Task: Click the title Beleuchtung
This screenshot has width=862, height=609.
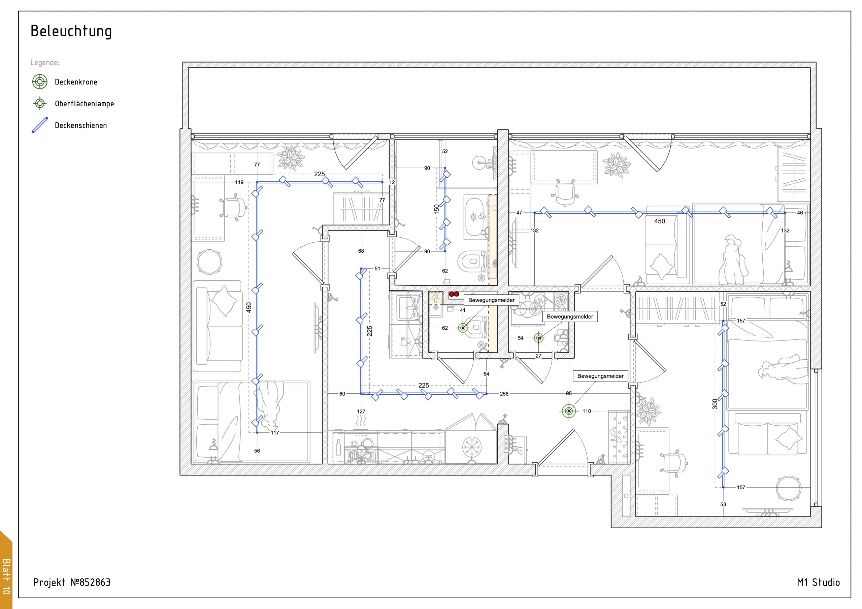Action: pyautogui.click(x=71, y=32)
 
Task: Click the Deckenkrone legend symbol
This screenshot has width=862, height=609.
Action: pyautogui.click(x=40, y=82)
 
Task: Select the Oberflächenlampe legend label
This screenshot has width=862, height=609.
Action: pyautogui.click(x=85, y=104)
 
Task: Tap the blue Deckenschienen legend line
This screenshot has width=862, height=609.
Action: pyautogui.click(x=40, y=125)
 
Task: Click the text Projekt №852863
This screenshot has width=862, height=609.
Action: pyautogui.click(x=72, y=582)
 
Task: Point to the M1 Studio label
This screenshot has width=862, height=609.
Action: pyautogui.click(x=819, y=582)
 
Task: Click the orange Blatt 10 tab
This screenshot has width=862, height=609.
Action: pyautogui.click(x=6, y=570)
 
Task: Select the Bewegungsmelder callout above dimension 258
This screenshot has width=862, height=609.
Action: pyautogui.click(x=600, y=376)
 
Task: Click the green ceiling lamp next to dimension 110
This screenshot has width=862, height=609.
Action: pyautogui.click(x=569, y=411)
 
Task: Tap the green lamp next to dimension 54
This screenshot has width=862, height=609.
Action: pyautogui.click(x=539, y=338)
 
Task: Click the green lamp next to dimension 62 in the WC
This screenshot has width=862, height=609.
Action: pyautogui.click(x=463, y=328)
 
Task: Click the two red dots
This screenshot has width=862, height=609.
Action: pyautogui.click(x=454, y=294)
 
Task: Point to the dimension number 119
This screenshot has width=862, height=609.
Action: pyautogui.click(x=239, y=182)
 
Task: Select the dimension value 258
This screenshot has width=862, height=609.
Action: pyautogui.click(x=504, y=394)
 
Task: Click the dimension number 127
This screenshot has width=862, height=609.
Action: pyautogui.click(x=361, y=411)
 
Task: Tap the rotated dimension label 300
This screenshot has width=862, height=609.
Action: pyautogui.click(x=715, y=404)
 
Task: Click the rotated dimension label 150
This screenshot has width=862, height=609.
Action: pyautogui.click(x=436, y=209)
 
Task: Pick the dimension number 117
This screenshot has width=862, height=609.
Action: pyautogui.click(x=275, y=433)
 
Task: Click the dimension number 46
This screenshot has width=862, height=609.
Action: pyautogui.click(x=800, y=213)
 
